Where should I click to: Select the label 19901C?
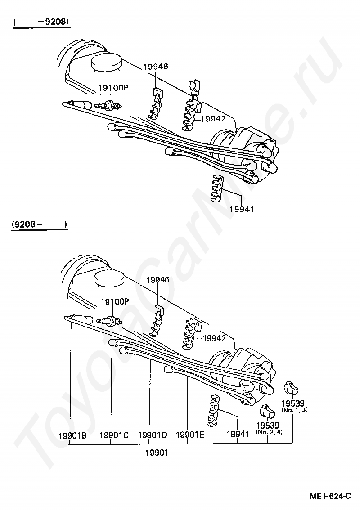tap(114, 435)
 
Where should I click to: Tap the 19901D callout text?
tap(152, 435)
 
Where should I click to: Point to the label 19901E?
tap(190, 435)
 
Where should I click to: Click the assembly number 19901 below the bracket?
tap(157, 453)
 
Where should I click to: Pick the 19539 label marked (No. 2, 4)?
tap(268, 425)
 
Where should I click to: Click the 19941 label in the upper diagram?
tap(242, 209)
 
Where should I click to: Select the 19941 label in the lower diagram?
tap(238, 434)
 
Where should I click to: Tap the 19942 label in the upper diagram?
tap(213, 119)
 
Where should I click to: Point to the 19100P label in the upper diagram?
tap(113, 88)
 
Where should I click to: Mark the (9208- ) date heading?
tap(40, 224)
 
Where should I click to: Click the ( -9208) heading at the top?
tap(43, 21)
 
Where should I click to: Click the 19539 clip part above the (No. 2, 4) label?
tap(266, 410)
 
